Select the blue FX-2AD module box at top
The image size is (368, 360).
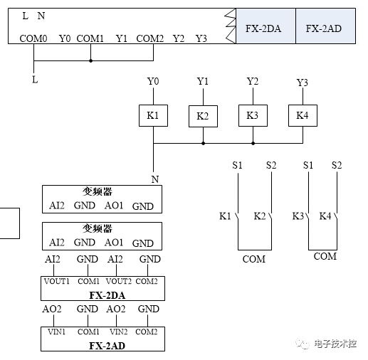tap(325, 29)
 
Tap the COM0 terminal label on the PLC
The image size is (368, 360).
tap(33, 38)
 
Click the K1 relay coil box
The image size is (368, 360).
tap(153, 115)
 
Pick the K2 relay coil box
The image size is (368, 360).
tap(203, 115)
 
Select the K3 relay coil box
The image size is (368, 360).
tap(253, 115)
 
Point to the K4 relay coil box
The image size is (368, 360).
tap(303, 115)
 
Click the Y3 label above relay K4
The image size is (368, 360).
tap(303, 83)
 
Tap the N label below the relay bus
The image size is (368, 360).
tap(154, 179)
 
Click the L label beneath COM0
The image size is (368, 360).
tap(34, 80)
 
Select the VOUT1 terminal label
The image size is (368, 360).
tap(58, 282)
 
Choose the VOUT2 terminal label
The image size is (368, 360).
tap(120, 282)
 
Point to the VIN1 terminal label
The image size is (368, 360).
tap(57, 332)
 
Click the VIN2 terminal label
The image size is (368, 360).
tap(119, 332)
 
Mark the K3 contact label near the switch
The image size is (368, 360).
tap(298, 216)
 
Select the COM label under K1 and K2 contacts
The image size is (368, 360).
tap(253, 259)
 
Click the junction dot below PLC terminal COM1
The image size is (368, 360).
tap(90, 60)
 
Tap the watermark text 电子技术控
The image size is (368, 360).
tap(335, 344)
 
